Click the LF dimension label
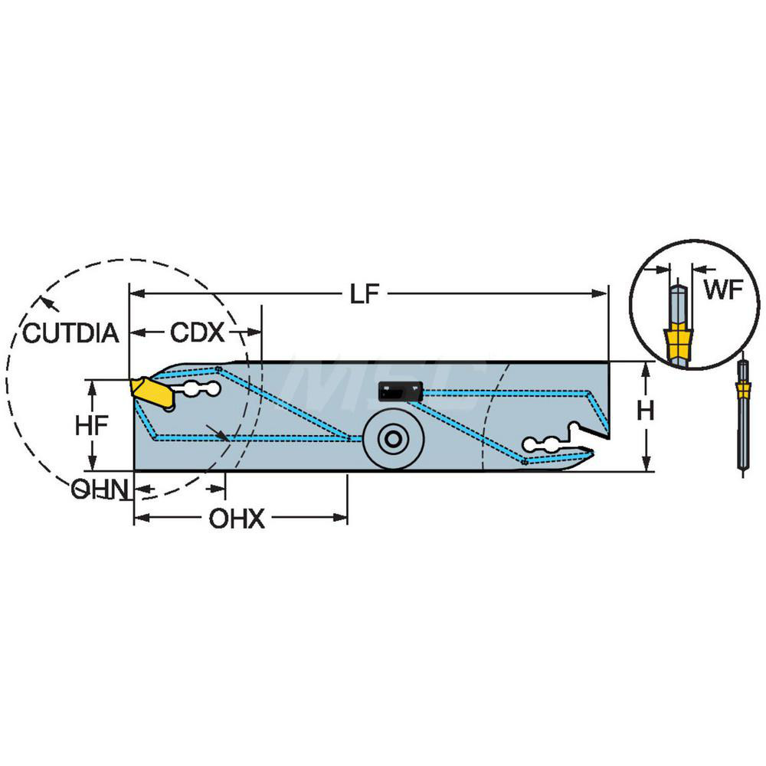click(365, 294)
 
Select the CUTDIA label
click(70, 333)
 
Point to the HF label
click(91, 425)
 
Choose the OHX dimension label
click(237, 520)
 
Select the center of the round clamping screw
click(392, 440)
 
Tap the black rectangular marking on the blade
click(401, 392)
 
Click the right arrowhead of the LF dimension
click(602, 293)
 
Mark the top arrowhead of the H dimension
click(647, 367)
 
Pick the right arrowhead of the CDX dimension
click(256, 333)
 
